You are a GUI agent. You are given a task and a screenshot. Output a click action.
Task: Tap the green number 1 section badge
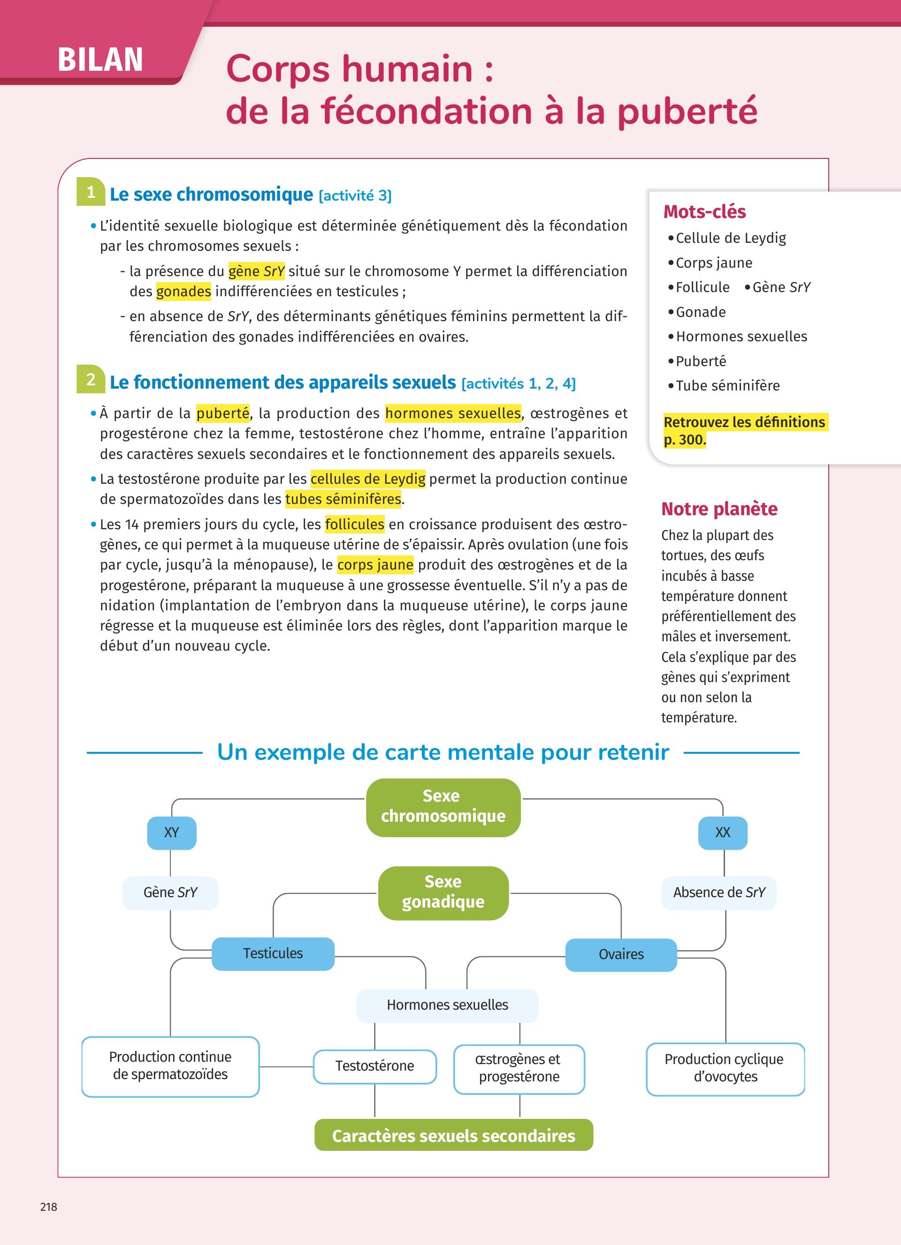tap(91, 192)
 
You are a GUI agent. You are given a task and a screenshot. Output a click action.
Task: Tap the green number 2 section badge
tap(91, 379)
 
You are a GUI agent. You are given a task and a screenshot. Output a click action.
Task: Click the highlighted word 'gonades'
tap(183, 292)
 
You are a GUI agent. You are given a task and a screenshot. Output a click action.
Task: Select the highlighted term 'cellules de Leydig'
tap(367, 479)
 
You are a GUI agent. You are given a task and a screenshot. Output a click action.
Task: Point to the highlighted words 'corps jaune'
tap(375, 565)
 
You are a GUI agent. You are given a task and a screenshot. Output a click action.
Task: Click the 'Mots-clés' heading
tap(704, 212)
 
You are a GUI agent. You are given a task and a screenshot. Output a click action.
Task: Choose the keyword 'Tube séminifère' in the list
tap(727, 386)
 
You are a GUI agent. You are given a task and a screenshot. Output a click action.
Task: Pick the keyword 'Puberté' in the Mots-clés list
tap(701, 361)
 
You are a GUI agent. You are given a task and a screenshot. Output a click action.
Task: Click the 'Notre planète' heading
tap(719, 509)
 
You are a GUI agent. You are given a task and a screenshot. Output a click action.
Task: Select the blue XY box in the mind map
tap(171, 833)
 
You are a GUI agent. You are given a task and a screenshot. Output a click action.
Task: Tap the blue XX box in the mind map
tap(723, 833)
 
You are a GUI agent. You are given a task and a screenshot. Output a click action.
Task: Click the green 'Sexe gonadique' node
tap(443, 892)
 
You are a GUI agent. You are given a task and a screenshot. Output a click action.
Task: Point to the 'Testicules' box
tap(273, 953)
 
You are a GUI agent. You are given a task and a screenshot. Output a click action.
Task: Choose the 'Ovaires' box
tap(621, 955)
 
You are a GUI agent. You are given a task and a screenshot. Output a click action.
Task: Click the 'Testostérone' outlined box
tap(374, 1066)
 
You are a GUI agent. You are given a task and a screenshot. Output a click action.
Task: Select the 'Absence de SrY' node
tap(718, 892)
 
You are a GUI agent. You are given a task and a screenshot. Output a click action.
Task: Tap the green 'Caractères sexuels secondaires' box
tap(453, 1135)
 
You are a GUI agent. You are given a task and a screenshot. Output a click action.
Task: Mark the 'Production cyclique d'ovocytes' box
tap(725, 1068)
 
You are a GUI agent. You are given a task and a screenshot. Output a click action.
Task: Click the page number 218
tap(49, 1207)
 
